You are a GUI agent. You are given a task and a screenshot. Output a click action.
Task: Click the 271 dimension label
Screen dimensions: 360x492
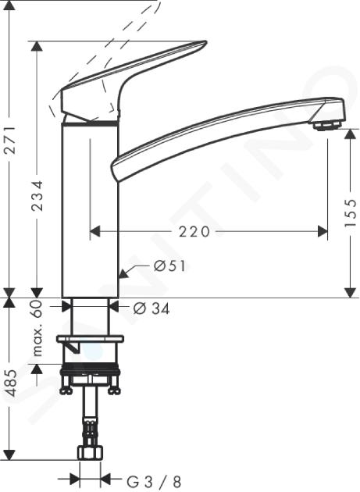(x=11, y=140)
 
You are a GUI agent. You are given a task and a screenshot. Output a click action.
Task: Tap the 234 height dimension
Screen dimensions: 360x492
(x=38, y=195)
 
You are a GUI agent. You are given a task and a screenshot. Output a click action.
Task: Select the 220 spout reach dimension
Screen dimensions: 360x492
(x=194, y=232)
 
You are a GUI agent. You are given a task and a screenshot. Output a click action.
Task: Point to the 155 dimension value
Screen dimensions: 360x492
(x=351, y=213)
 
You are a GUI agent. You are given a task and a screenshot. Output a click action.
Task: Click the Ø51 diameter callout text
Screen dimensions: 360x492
(x=169, y=266)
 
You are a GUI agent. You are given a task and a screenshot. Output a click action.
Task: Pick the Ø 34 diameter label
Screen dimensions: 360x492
(x=151, y=308)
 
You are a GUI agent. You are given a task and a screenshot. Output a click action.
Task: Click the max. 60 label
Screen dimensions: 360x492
(x=37, y=328)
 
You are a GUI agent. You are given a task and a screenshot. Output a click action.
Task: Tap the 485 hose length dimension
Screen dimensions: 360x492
(x=11, y=383)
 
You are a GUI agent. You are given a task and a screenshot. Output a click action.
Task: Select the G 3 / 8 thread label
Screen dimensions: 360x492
(x=154, y=481)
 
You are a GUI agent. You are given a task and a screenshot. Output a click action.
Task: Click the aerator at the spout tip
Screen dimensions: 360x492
(x=327, y=127)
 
